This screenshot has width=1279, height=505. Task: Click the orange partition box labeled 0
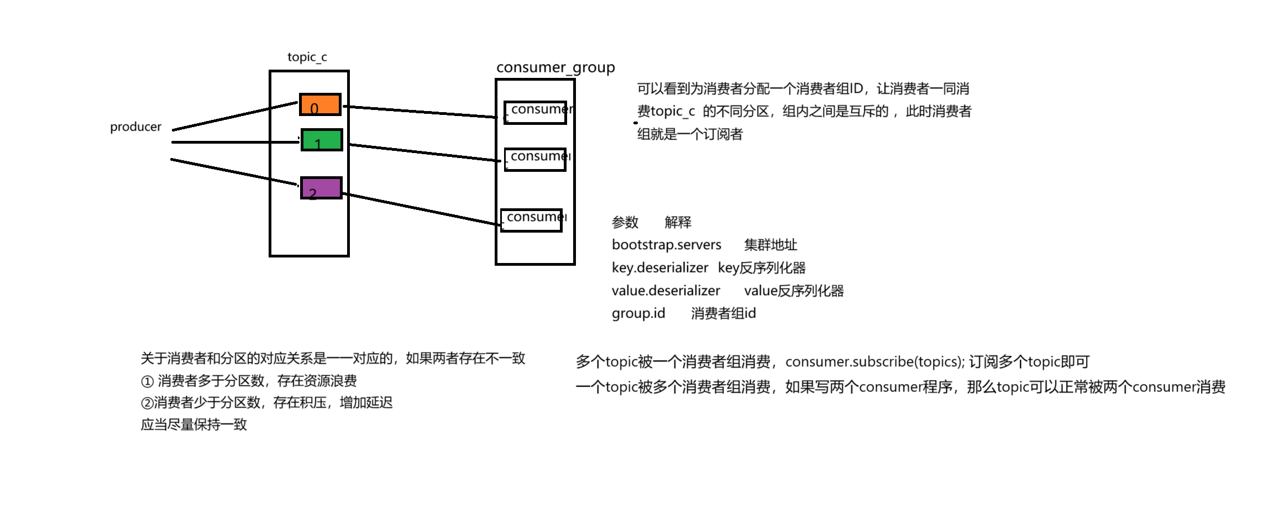(320, 104)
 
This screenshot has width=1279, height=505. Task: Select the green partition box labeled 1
(322, 140)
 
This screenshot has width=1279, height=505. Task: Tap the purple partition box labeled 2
(321, 188)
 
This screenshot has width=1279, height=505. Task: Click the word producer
(135, 127)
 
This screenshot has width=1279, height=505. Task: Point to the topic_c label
(307, 57)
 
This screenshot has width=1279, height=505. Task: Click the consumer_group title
(555, 67)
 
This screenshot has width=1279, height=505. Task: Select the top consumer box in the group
(535, 113)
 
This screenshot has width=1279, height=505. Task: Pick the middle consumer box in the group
(535, 160)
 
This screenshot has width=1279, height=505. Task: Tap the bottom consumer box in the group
(531, 220)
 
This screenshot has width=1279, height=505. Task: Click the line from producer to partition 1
(235, 142)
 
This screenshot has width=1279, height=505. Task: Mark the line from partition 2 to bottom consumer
(420, 208)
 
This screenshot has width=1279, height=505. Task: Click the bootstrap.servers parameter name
(666, 245)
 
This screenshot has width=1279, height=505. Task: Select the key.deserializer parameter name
(659, 268)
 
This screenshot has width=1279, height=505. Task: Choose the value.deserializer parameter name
(665, 291)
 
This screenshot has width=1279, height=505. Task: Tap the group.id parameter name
(638, 313)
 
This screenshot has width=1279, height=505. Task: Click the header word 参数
(625, 222)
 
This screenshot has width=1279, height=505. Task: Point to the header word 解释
(678, 222)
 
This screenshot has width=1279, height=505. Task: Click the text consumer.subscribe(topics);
(874, 362)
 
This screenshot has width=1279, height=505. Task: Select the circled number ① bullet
(147, 381)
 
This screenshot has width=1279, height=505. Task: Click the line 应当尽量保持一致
(193, 424)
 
